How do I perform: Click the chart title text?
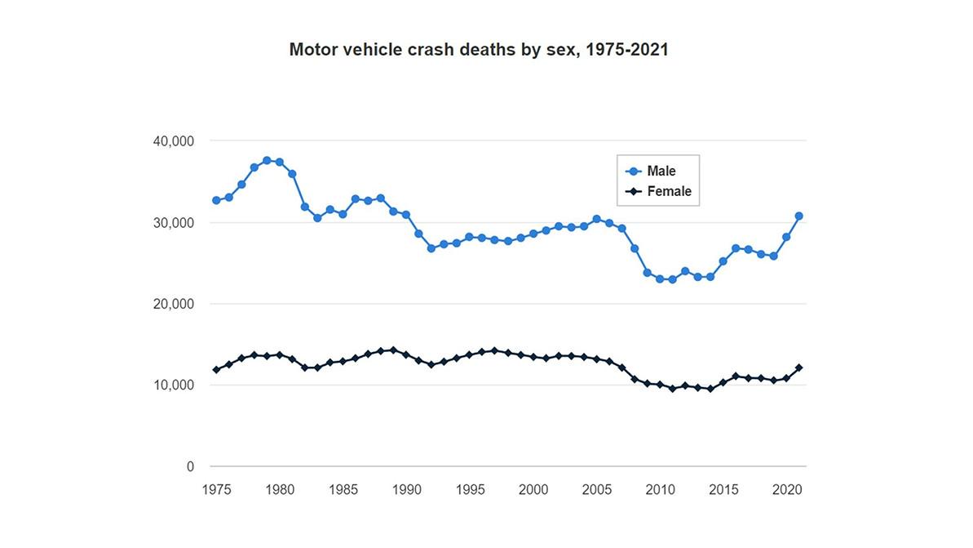479,49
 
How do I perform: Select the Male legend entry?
661,172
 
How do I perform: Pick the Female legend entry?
668,192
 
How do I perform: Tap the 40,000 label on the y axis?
173,141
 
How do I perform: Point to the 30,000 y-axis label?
173,223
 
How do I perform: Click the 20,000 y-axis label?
173,304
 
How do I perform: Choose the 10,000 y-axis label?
173,385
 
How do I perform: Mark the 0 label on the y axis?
190,467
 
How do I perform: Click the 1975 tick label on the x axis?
215,490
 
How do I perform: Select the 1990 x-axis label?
406,490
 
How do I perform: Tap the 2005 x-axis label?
596,490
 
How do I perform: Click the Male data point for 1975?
216,200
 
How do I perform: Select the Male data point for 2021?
799,216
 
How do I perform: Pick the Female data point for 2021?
799,368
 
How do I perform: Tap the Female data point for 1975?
216,370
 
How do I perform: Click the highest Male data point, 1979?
267,160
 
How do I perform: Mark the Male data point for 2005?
596,219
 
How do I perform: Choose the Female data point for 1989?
393,350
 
